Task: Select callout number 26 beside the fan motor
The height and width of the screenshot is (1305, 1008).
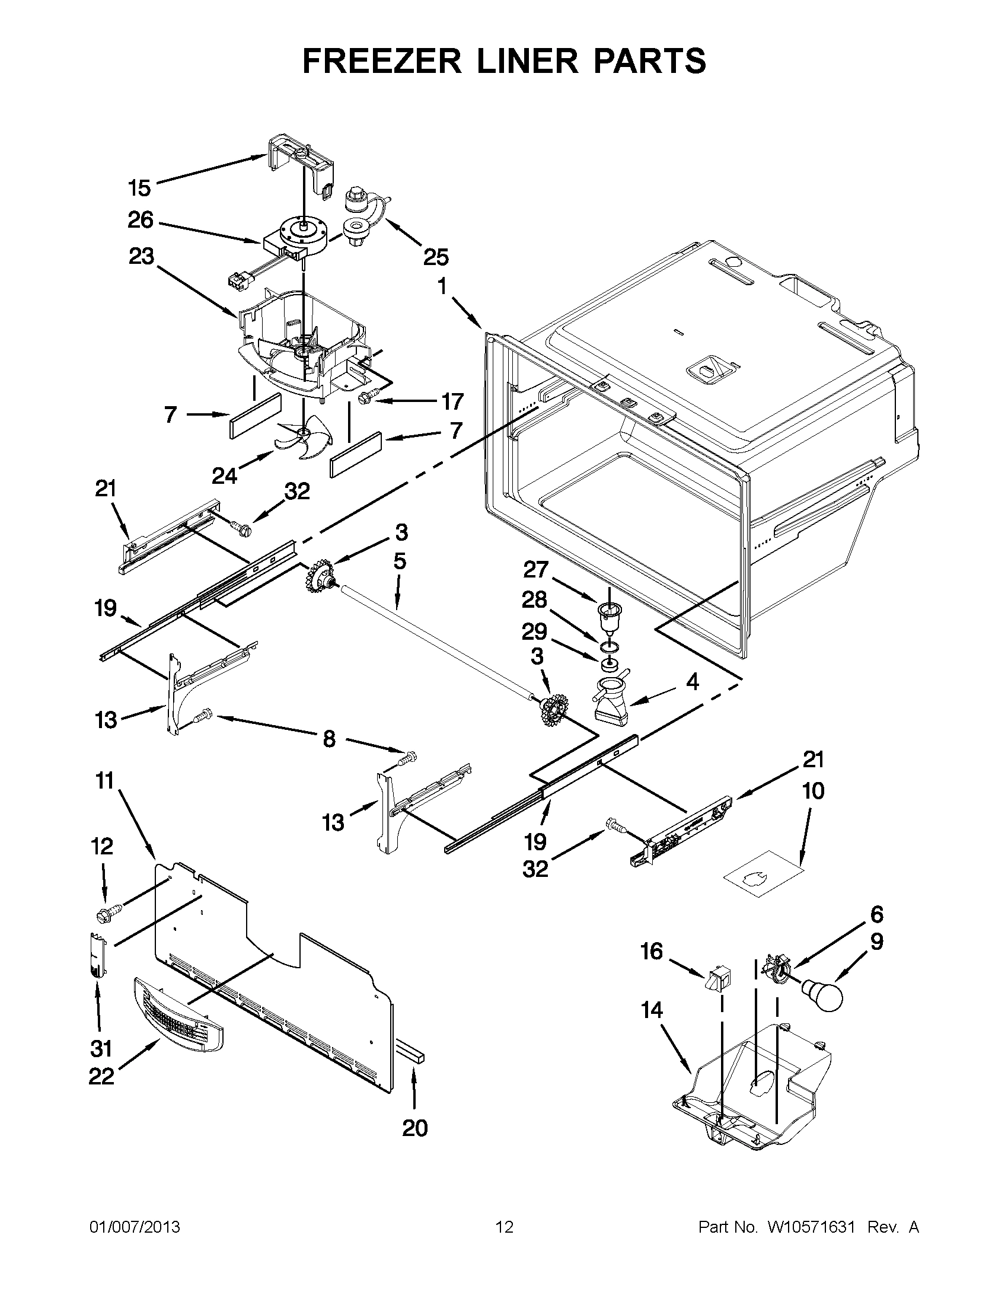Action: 141,221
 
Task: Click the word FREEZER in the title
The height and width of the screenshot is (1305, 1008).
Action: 382,61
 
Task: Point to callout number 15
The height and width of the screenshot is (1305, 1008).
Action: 139,188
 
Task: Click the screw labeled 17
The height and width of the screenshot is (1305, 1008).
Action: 364,397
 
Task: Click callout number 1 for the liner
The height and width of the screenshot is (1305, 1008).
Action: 442,287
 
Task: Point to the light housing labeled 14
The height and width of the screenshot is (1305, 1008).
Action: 753,1093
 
